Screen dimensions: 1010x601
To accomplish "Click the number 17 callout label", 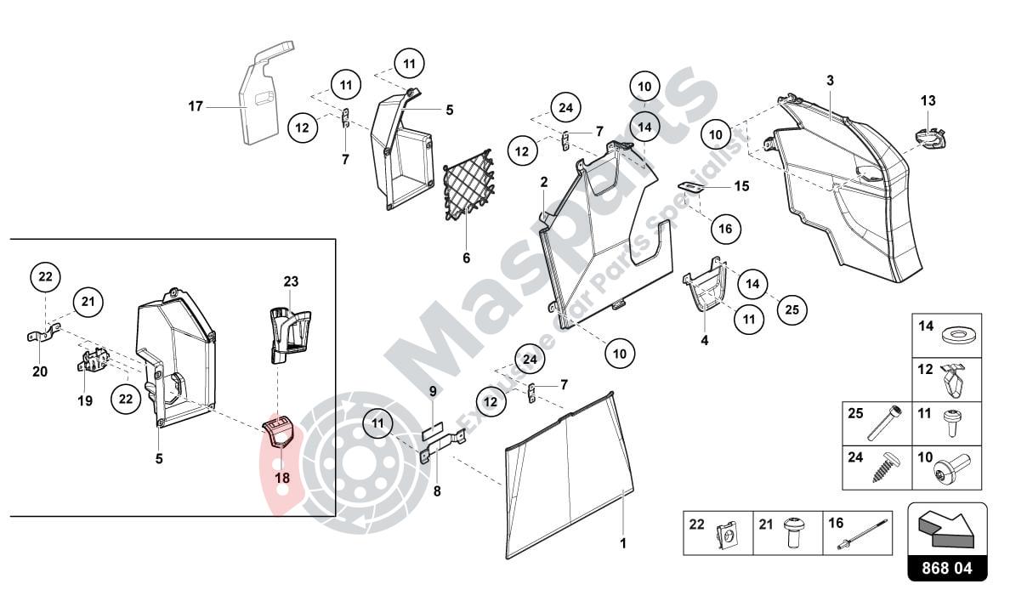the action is [x=196, y=106].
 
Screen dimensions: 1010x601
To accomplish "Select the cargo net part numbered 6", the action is [x=468, y=184].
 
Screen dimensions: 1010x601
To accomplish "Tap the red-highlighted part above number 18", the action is [x=281, y=431].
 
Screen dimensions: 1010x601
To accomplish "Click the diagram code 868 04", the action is [x=947, y=568].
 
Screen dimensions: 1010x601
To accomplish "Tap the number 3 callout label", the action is [x=831, y=81].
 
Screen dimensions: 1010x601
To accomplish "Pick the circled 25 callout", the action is [x=792, y=309].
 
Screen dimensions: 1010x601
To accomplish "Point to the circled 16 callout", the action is [x=725, y=229].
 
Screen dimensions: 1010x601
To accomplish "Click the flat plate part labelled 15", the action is [x=690, y=186].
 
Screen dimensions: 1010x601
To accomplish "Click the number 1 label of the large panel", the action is [x=623, y=543].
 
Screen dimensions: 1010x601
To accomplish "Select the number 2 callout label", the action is [x=544, y=182].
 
